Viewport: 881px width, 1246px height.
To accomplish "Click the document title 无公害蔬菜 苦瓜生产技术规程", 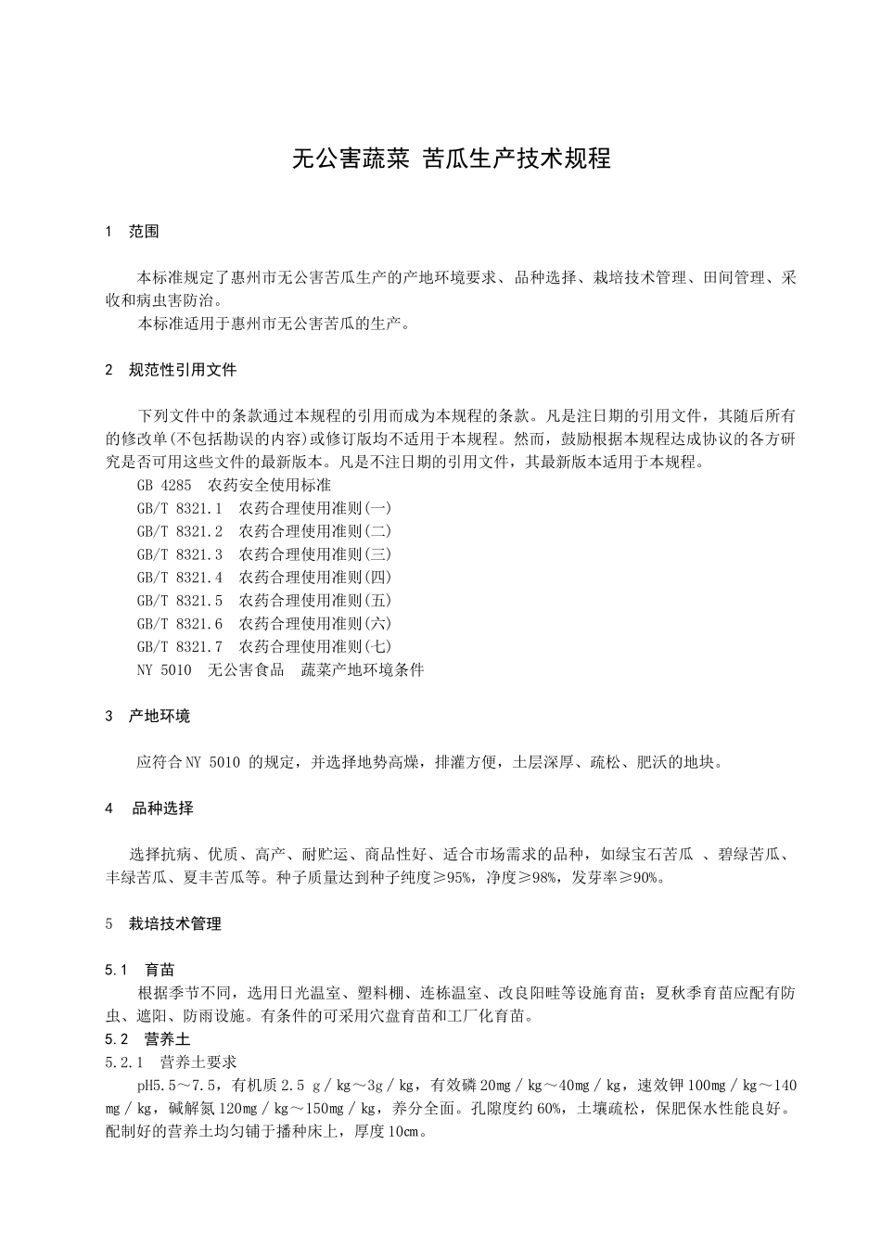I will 451,159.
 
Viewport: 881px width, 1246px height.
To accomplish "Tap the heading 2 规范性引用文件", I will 172,370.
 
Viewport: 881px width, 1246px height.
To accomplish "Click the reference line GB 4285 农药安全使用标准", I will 233,485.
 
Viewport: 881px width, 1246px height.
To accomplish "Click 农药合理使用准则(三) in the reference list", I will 315,554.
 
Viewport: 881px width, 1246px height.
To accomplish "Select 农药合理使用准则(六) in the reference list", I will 315,623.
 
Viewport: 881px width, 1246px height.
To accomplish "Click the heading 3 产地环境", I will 148,716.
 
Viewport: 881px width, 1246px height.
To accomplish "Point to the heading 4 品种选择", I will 149,808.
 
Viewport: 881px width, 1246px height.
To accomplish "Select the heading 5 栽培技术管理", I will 163,923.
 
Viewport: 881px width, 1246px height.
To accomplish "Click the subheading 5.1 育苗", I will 140,970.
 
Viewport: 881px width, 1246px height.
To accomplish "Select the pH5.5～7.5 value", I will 177,1086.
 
